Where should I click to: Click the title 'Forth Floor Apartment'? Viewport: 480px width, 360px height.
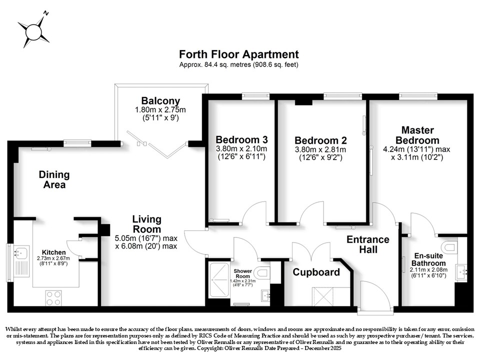point(239,54)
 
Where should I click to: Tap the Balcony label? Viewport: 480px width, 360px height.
point(160,100)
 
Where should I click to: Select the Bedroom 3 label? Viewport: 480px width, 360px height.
point(241,139)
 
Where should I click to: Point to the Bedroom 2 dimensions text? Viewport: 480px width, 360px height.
point(320,153)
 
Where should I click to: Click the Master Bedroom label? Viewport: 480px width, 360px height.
point(417,135)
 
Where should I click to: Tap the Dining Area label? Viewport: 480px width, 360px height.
point(54,179)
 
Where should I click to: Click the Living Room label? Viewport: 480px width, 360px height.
point(146,224)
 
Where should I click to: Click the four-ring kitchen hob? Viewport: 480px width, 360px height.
point(53,297)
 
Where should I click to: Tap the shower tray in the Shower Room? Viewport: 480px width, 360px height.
point(218,280)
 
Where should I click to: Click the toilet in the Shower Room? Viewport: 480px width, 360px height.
point(263,272)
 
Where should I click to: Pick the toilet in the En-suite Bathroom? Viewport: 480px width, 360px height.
point(449,246)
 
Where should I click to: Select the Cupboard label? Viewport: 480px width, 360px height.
point(316,272)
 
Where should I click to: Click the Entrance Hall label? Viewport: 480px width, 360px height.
point(368,244)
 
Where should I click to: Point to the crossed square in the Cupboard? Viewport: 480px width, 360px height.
point(322,296)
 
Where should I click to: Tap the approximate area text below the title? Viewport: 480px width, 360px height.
point(239,64)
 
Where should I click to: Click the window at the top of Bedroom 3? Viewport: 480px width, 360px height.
point(256,96)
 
